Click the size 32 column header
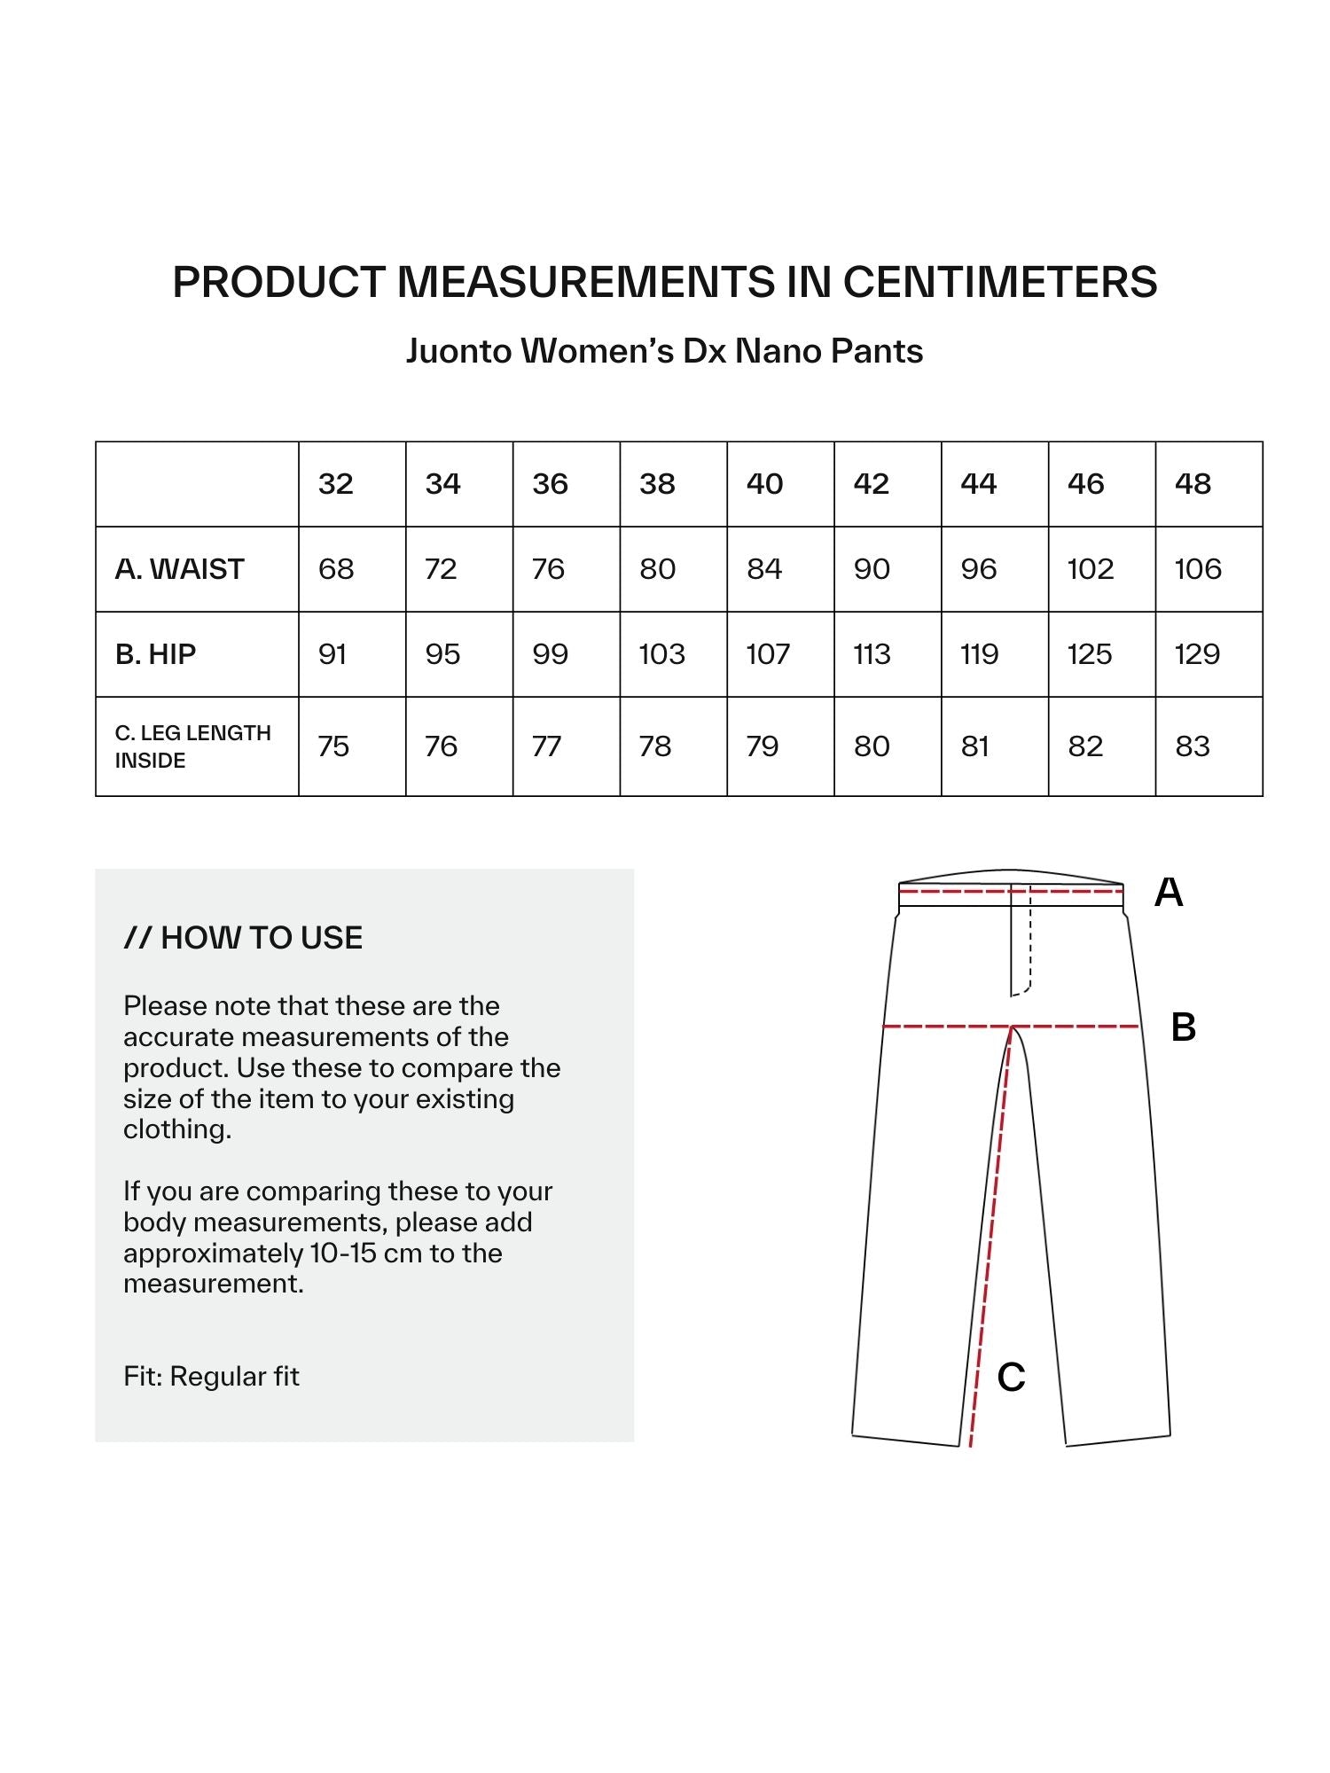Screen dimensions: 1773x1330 coord(336,484)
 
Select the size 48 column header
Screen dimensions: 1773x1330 coord(1193,484)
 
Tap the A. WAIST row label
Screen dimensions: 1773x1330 coord(180,569)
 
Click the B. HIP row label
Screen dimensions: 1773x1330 coord(156,654)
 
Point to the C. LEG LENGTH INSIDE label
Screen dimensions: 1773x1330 coord(192,746)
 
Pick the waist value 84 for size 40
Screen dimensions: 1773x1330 coord(764,569)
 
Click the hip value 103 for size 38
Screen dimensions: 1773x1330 coord(662,654)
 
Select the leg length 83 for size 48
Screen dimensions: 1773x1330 coord(1193,746)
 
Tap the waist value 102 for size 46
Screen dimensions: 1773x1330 coord(1091,569)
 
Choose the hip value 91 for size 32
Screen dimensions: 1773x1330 coord(332,654)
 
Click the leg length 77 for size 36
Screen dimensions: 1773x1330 coord(546,746)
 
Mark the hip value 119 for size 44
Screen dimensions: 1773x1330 coord(980,654)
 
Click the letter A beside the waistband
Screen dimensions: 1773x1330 coord(1169,893)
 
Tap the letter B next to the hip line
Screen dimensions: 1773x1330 coord(1184,1027)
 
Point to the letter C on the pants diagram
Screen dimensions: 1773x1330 coord(1011,1377)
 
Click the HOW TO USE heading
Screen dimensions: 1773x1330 coord(244,938)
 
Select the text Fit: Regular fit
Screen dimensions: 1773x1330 coord(212,1376)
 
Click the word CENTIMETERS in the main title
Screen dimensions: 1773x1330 coord(999,282)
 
